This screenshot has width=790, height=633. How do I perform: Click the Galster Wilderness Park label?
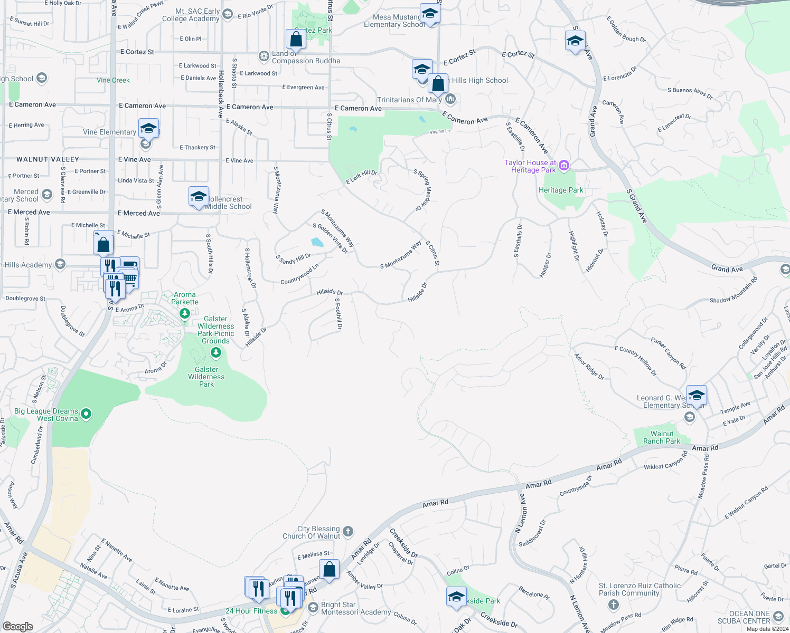[206, 377]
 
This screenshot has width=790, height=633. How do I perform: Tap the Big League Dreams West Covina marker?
[87, 415]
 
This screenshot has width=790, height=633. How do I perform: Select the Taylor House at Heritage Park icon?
[564, 166]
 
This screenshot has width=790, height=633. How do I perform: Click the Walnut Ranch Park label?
[662, 437]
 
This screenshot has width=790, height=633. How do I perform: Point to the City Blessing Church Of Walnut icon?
[348, 531]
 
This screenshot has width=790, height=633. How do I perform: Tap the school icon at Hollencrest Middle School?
[199, 197]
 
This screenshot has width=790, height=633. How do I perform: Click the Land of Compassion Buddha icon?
[264, 56]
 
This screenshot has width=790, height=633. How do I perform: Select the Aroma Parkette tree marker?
[184, 314]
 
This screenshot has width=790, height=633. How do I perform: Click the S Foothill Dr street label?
[339, 313]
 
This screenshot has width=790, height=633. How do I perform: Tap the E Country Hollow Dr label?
[636, 361]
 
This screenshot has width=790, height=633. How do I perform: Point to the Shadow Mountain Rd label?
[733, 290]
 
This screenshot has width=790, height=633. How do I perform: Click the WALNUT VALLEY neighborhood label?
[48, 159]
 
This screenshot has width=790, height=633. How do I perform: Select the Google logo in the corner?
[17, 627]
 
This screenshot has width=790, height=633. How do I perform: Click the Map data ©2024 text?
[765, 629]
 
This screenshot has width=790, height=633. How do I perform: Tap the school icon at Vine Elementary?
[149, 128]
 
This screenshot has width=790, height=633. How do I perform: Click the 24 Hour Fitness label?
[251, 611]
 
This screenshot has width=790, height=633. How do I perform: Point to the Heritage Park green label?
[561, 190]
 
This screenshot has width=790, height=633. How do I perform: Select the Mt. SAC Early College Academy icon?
[228, 14]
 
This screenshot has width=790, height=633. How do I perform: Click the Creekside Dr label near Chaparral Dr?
[403, 543]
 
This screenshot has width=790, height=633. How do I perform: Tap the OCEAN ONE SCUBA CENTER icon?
[778, 616]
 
